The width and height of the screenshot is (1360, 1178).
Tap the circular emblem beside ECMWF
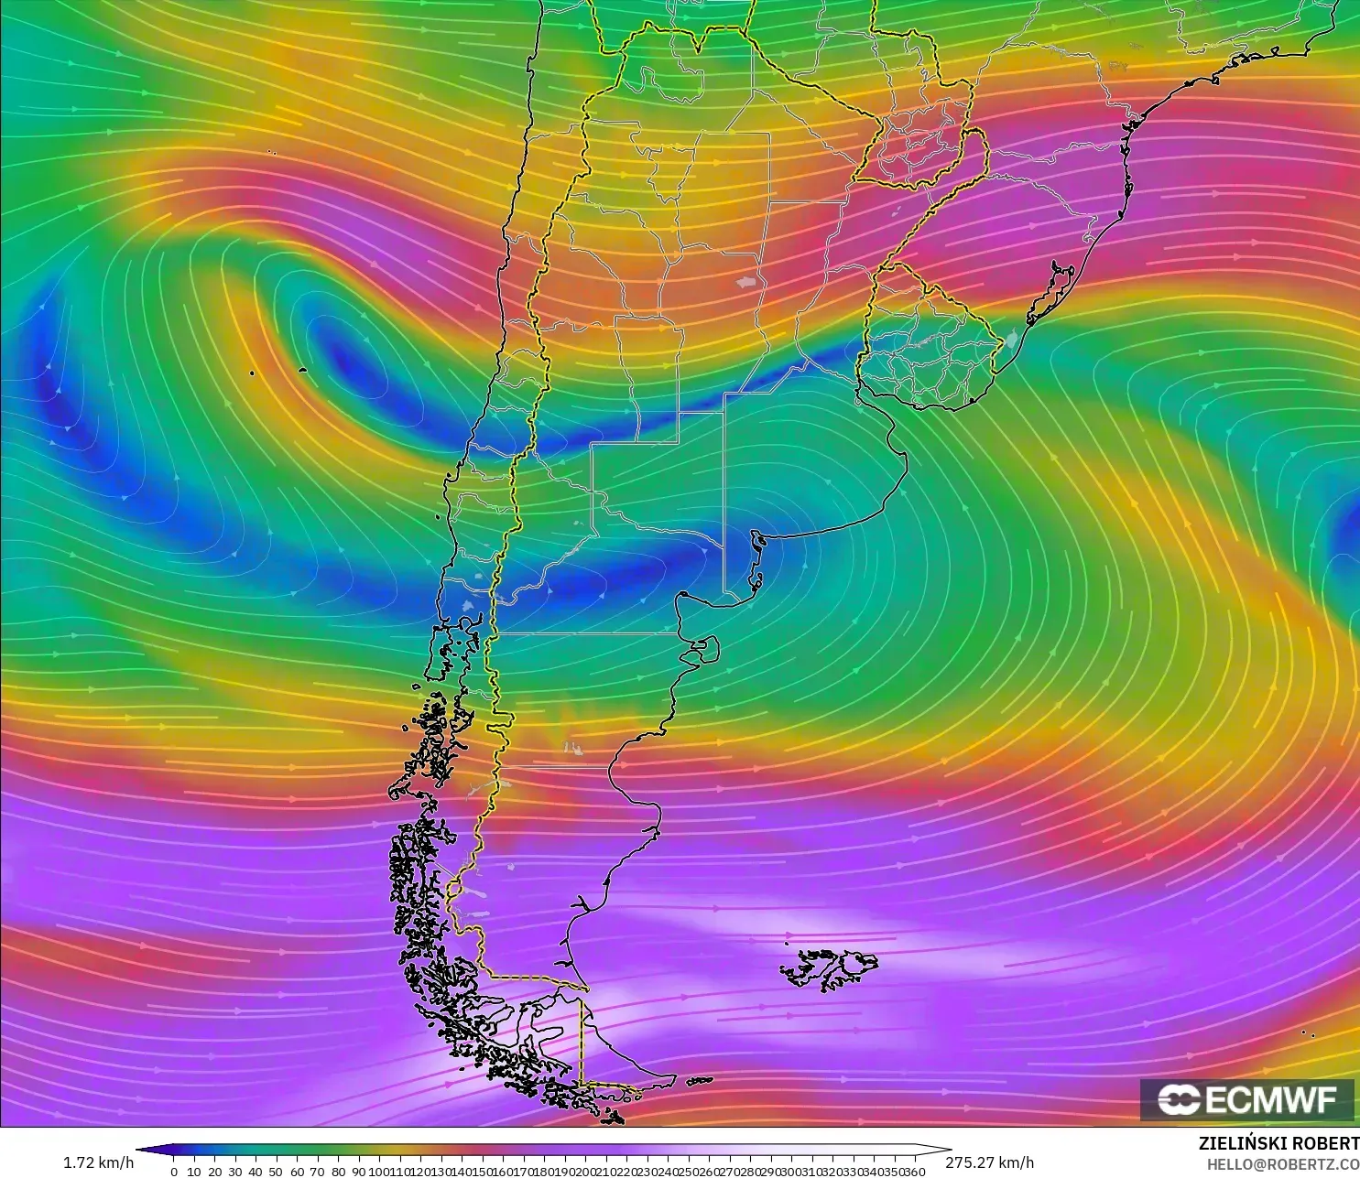pyautogui.click(x=1179, y=1099)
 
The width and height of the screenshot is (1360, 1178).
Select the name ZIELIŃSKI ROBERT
pyautogui.click(x=1278, y=1143)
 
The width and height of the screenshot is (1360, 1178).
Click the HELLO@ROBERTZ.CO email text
pyautogui.click(x=1282, y=1164)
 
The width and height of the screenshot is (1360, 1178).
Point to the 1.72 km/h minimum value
pyautogui.click(x=98, y=1162)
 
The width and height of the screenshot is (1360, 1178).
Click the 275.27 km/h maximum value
pyautogui.click(x=989, y=1162)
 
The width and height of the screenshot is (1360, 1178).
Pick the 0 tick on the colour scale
pyautogui.click(x=174, y=1172)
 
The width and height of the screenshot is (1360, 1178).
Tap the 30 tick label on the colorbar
pyautogui.click(x=235, y=1172)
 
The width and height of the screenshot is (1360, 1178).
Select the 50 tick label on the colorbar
pyautogui.click(x=276, y=1172)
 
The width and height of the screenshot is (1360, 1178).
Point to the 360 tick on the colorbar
pyautogui.click(x=914, y=1172)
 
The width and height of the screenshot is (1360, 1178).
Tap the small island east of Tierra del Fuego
pyautogui.click(x=700, y=1081)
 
